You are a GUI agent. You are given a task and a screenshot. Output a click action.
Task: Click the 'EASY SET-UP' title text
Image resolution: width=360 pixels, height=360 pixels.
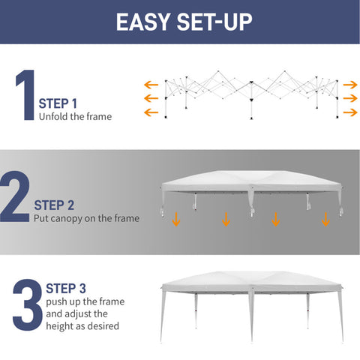tap(184, 22)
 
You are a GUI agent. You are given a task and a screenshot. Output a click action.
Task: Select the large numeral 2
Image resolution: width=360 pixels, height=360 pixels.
tap(15, 196)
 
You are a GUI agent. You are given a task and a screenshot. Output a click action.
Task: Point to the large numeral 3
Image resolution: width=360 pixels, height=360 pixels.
tap(28, 304)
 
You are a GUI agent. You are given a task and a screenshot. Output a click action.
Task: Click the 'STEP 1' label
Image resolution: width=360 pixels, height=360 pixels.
tap(58, 103)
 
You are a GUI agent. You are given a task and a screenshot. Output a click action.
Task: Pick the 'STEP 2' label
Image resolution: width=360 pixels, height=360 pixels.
tap(54, 205)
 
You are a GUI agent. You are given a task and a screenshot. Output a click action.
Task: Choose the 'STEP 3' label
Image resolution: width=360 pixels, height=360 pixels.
tap(66, 289)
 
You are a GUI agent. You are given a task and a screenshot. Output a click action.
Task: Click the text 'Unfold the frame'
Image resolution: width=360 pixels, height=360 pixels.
tap(75, 117)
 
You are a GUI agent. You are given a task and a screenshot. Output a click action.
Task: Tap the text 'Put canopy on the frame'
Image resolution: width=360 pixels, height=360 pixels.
tap(86, 218)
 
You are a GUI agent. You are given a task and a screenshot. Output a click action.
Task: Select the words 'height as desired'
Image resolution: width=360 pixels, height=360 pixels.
tap(82, 326)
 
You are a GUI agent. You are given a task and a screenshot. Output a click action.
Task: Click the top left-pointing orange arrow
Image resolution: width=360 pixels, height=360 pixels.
tap(151, 85)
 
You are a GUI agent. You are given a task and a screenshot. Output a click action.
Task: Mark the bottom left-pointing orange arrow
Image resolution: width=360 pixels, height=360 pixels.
tap(151, 112)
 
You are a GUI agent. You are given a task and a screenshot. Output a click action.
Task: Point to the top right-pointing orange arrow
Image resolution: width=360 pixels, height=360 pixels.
tap(350, 85)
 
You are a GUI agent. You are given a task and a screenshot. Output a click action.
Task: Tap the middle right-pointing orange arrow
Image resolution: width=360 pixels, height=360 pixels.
tap(350, 98)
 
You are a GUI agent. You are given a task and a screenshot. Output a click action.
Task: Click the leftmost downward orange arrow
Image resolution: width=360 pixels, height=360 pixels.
tap(176, 219)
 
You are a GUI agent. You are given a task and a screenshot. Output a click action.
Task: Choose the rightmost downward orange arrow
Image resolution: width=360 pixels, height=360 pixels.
tap(325, 219)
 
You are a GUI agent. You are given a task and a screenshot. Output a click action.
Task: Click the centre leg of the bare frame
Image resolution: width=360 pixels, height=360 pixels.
tap(251, 100)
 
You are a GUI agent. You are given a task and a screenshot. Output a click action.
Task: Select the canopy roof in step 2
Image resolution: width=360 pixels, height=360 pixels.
tap(251, 181)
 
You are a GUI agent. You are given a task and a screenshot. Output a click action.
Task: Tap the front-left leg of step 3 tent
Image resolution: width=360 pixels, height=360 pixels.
tap(163, 314)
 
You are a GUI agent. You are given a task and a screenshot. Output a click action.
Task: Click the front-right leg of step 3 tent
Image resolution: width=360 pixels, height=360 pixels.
tap(341, 314)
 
